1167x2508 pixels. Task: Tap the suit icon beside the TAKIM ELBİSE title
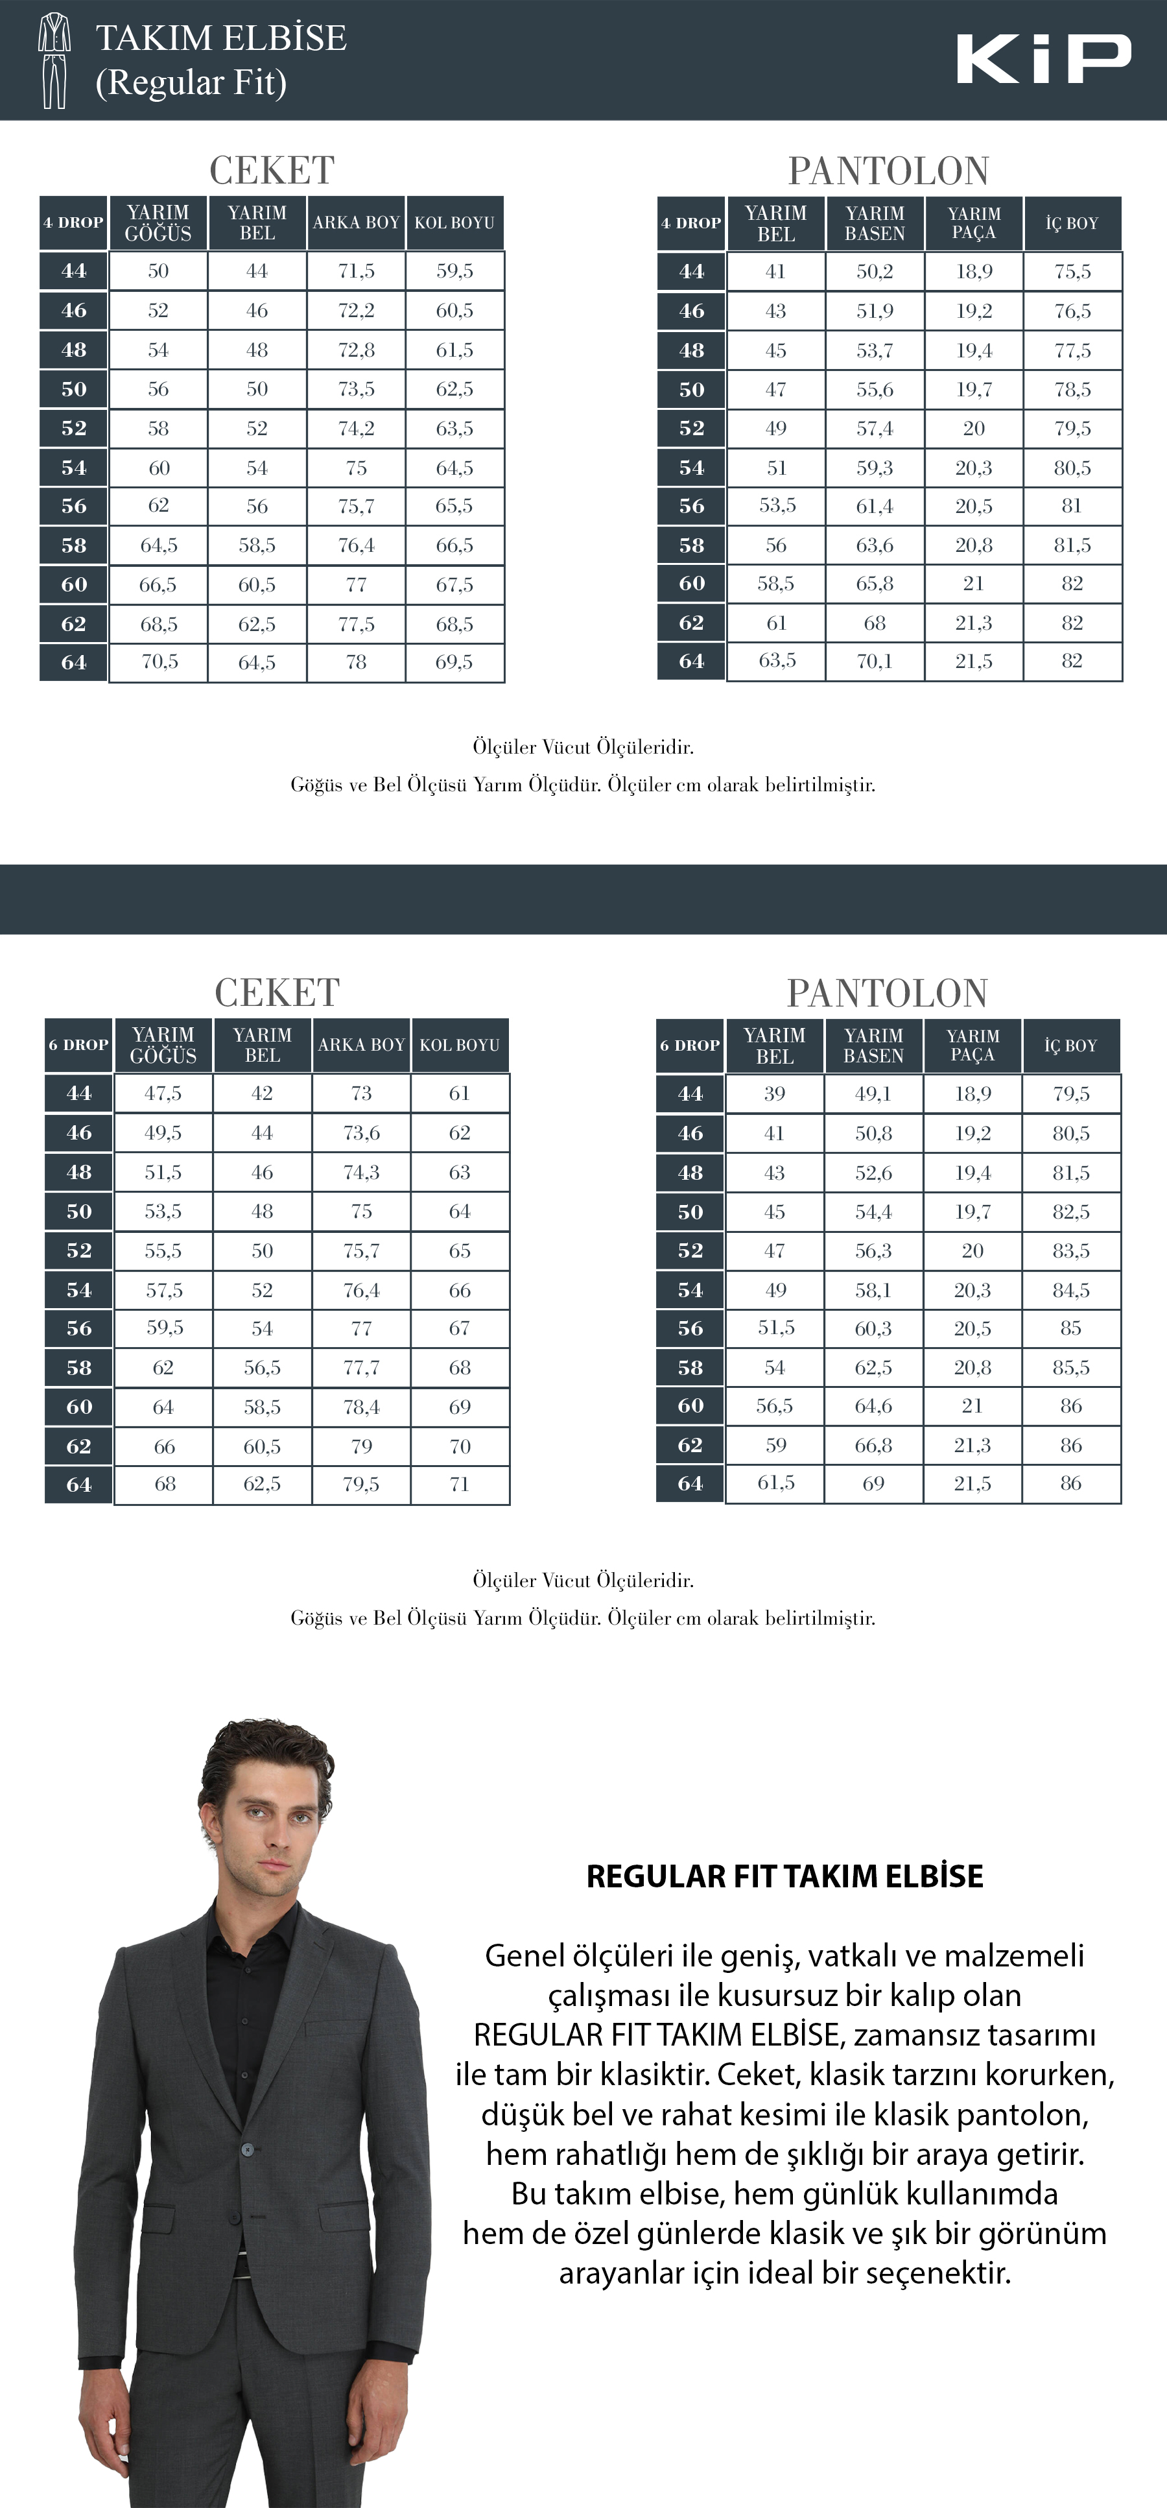point(54,60)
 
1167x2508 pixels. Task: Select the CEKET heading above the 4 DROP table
point(272,171)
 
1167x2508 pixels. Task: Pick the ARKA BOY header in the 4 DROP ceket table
point(356,223)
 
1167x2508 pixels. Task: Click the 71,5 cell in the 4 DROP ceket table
point(356,272)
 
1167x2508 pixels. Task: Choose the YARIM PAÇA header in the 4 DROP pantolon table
point(973,223)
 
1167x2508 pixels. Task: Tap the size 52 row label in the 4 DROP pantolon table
point(691,429)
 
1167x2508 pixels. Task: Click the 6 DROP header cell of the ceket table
point(79,1045)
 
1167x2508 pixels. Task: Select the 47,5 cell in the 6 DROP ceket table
point(163,1093)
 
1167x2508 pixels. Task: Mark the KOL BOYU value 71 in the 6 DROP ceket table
point(460,1485)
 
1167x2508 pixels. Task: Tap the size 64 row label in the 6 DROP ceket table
point(79,1485)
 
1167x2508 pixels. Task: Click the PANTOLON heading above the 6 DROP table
point(887,993)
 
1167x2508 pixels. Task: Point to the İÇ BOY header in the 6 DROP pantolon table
point(1070,1045)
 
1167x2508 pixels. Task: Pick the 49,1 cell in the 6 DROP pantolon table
point(873,1094)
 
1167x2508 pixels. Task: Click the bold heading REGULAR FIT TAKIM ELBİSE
point(784,1876)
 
